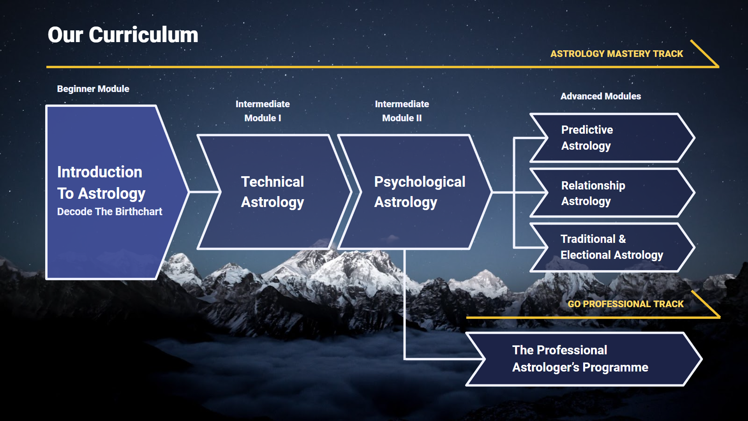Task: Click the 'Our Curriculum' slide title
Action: click(123, 35)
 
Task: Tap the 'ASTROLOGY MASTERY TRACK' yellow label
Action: click(616, 54)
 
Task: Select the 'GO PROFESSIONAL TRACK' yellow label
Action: click(625, 304)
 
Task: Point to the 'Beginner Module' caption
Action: click(93, 89)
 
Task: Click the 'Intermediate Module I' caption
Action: click(263, 111)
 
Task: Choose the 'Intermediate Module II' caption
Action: click(402, 111)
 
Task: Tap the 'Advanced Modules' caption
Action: click(600, 96)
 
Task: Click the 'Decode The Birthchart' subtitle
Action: click(109, 212)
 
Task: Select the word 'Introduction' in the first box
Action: click(100, 172)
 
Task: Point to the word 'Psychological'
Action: click(420, 182)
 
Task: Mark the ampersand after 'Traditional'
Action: click(622, 239)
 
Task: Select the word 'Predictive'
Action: click(587, 130)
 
